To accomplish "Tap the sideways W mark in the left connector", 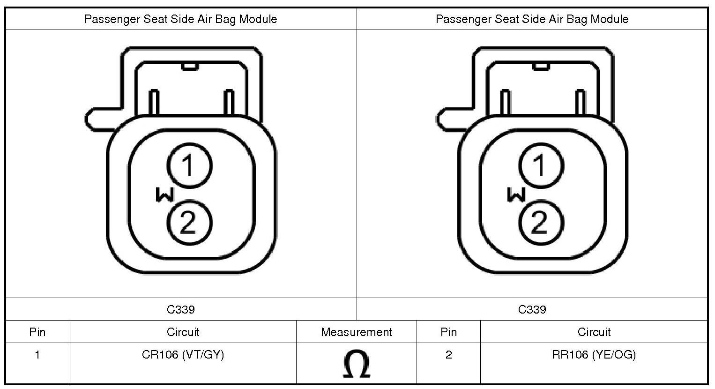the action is (165, 194).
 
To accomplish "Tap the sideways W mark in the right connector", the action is (516, 194).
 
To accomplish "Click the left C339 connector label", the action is (181, 309).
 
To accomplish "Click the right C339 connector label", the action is (532, 309).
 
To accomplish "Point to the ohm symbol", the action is (357, 364).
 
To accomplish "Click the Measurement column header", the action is (357, 332).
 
